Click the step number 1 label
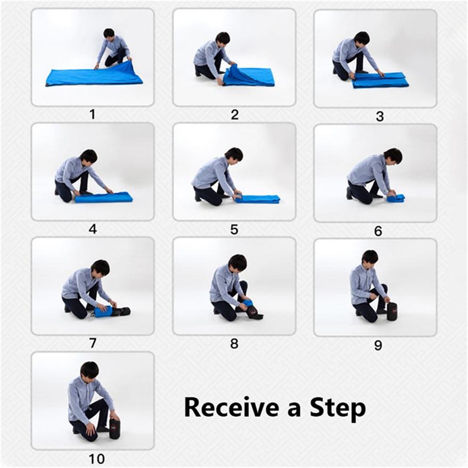pyautogui.click(x=92, y=114)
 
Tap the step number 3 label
pyautogui.click(x=379, y=116)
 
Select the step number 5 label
pyautogui.click(x=234, y=229)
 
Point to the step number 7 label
pyautogui.click(x=93, y=343)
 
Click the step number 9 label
pyautogui.click(x=377, y=346)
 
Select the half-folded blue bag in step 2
pyautogui.click(x=249, y=77)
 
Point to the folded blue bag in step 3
pyautogui.click(x=380, y=80)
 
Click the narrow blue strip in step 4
pyautogui.click(x=104, y=198)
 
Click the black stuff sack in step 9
pyautogui.click(x=392, y=311)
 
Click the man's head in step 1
pyautogui.click(x=109, y=33)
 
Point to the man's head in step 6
pyautogui.click(x=393, y=155)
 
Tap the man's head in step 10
pyautogui.click(x=89, y=370)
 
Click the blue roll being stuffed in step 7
pyautogui.click(x=103, y=311)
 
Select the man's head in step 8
pyautogui.click(x=237, y=262)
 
